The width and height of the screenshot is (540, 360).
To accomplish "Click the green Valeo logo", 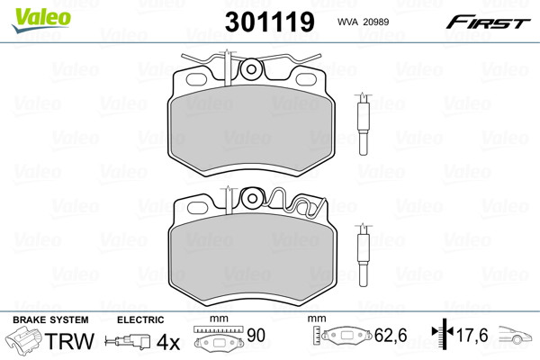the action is (41, 20).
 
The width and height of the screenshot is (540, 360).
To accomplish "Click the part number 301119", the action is (270, 22).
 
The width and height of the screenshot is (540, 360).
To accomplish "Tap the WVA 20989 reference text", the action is (363, 22).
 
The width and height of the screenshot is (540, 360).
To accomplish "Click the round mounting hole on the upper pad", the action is (251, 69).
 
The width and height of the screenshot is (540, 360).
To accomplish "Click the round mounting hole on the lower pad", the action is (252, 198).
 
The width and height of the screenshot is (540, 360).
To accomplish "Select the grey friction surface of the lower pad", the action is (252, 258).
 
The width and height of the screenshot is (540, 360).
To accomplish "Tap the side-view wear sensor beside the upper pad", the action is (364, 124).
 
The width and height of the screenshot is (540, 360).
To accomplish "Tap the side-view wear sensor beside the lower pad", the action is (364, 255).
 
